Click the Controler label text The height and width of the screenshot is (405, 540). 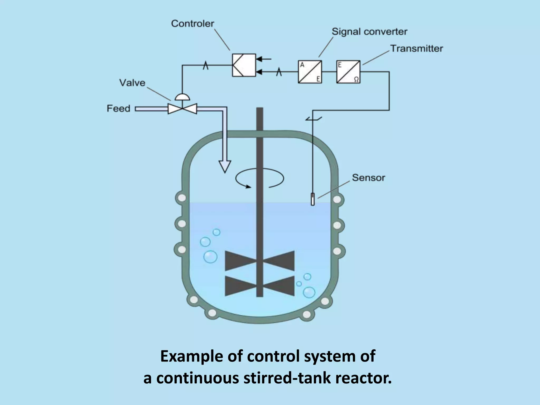[192, 24]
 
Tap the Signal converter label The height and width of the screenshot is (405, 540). [369, 32]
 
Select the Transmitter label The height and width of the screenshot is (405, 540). [416, 49]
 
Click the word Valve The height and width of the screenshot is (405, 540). [132, 83]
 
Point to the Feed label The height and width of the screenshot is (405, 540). [118, 108]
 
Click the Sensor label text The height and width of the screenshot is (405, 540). [368, 178]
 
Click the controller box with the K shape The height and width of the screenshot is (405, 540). [244, 65]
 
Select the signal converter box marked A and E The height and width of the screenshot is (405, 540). [310, 72]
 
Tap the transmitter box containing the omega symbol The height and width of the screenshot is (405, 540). [348, 72]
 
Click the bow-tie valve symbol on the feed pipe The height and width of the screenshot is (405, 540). [182, 109]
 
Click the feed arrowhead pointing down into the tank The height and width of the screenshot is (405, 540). [225, 166]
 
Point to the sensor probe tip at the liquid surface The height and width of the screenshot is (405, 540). [313, 200]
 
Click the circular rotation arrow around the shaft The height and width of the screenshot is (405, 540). [259, 179]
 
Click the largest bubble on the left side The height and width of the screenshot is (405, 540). [210, 257]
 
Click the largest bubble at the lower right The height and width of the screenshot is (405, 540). [309, 292]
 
